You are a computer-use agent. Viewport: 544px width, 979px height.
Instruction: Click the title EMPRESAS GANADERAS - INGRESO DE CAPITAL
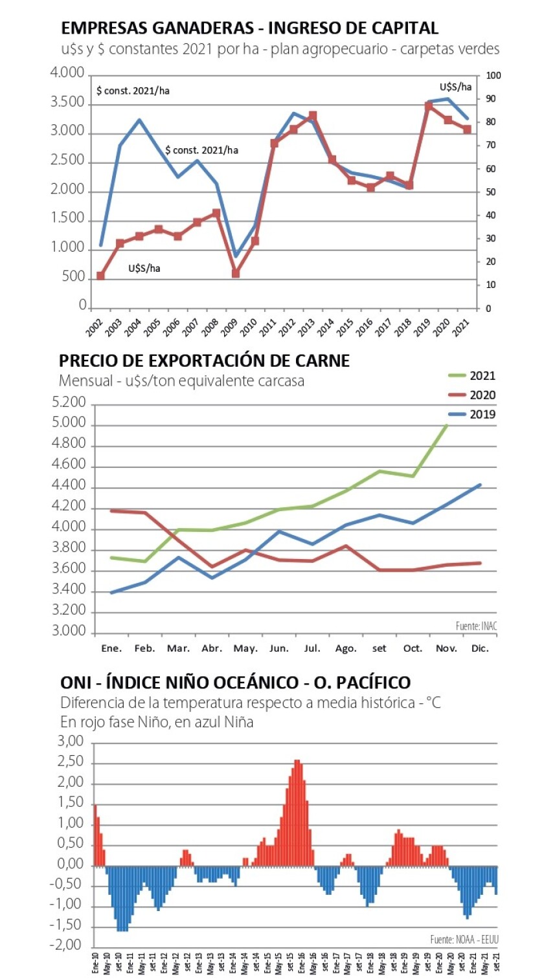[249, 28]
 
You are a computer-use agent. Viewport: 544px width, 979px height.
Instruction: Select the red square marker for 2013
[313, 116]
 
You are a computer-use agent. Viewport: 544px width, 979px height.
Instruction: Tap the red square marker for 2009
[236, 273]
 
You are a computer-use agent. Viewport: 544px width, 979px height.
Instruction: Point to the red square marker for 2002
[100, 276]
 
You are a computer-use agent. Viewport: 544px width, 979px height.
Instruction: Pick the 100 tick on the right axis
[494, 76]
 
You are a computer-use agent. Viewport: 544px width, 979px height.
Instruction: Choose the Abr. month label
[212, 648]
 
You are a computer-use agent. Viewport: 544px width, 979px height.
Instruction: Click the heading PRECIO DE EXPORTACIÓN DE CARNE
[204, 360]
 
